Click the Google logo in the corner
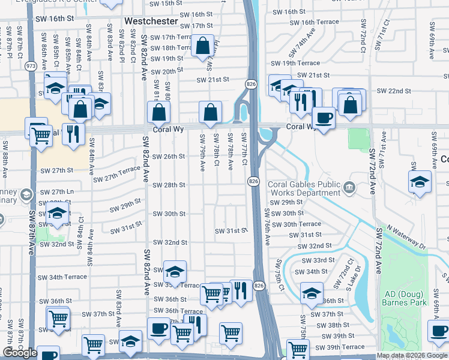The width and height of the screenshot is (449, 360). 20,353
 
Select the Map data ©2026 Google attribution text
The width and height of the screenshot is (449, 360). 412,356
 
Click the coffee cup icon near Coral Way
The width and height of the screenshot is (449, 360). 324,116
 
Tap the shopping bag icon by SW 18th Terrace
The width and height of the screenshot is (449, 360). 203,45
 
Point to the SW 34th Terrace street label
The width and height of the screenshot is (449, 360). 62,277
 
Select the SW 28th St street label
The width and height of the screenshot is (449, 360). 169,185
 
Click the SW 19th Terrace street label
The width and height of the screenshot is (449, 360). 295,63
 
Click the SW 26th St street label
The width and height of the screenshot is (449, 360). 169,157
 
